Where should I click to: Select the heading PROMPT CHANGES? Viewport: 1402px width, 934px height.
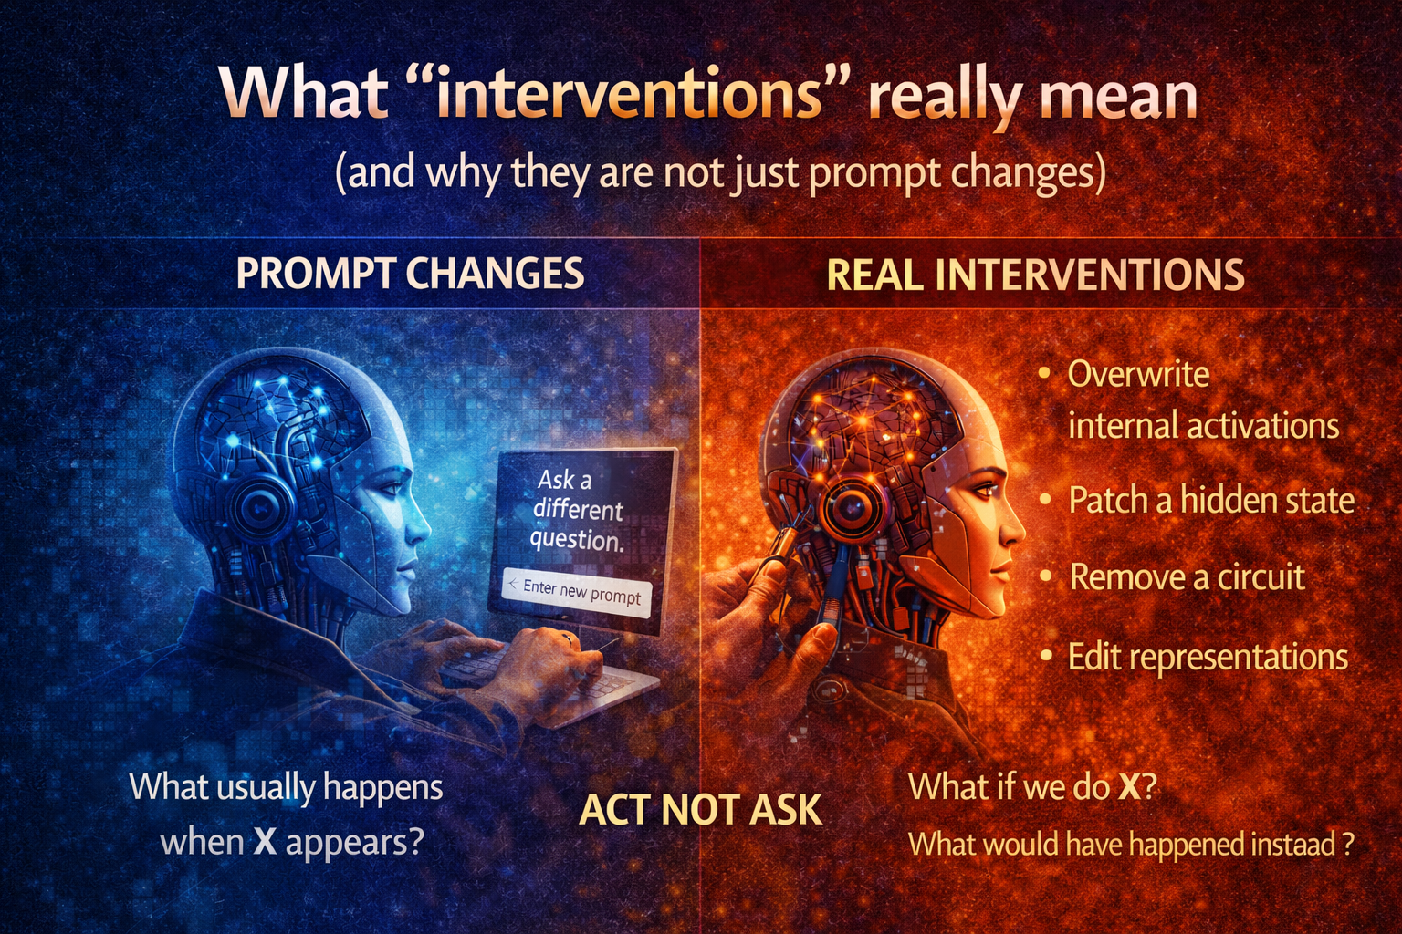click(x=410, y=274)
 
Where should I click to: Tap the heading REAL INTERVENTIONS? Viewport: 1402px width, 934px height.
click(x=1035, y=275)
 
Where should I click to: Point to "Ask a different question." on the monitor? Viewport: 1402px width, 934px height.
click(x=577, y=509)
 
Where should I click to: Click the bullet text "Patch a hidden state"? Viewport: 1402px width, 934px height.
click(x=1210, y=501)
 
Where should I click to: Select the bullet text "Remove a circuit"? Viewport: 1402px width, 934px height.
click(x=1187, y=577)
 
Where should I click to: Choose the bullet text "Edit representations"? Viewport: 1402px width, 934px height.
click(x=1208, y=657)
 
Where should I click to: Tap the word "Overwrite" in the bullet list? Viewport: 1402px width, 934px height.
click(x=1138, y=374)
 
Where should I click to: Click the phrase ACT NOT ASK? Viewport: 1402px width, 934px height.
click(x=700, y=810)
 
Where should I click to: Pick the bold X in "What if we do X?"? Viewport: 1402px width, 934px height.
click(x=1129, y=787)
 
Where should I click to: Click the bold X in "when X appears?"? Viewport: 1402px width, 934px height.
click(x=265, y=842)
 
